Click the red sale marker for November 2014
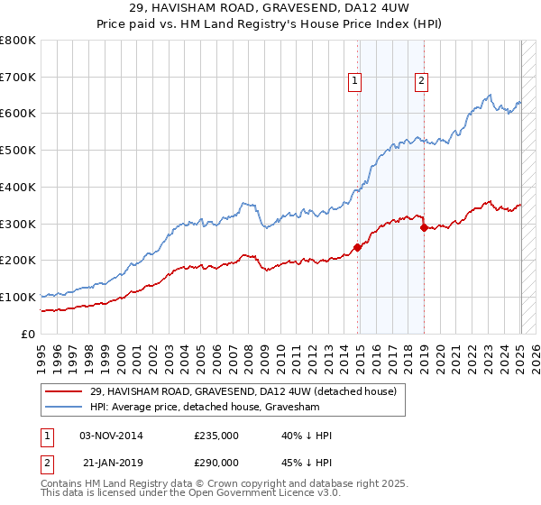pos(358,247)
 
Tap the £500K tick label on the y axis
pos(18,151)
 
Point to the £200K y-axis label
pos(18,261)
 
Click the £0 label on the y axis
pos(29,334)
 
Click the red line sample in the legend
pos(63,391)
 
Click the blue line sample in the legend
pos(63,407)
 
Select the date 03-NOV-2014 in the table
pos(111,436)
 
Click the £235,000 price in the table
pos(216,436)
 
